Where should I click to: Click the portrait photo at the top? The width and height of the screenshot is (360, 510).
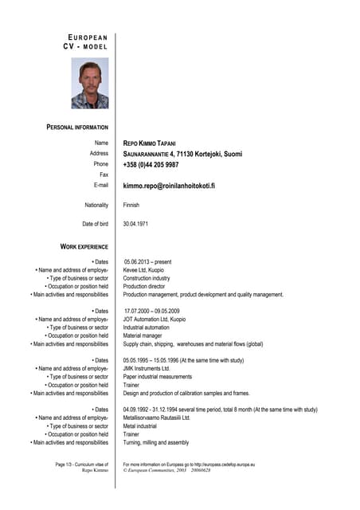[89, 83]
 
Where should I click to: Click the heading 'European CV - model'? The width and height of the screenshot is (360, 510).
[85, 42]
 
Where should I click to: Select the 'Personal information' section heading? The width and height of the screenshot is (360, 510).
[77, 127]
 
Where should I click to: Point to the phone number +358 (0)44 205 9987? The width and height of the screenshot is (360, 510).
[151, 164]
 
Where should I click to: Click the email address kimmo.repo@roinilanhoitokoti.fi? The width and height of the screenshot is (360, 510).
[169, 185]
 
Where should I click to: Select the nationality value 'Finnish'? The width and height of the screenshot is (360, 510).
[131, 205]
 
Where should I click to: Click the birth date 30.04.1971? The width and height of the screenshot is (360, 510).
[137, 224]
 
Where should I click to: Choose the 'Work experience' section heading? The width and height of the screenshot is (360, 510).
[84, 247]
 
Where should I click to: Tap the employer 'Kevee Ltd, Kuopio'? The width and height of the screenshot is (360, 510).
[144, 269]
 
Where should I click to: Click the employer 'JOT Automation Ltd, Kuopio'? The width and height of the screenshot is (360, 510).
[155, 319]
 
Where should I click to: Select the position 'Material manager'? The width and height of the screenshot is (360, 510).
[143, 335]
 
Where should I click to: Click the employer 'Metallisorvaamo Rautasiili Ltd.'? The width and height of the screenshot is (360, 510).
[157, 418]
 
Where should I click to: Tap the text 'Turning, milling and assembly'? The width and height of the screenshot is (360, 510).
[156, 442]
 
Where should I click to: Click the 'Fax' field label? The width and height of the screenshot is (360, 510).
[104, 175]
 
